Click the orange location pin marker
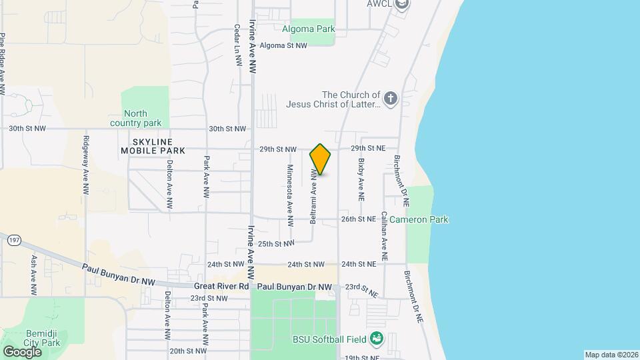pyautogui.click(x=321, y=159)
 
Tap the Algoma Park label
pyautogui.click(x=308, y=29)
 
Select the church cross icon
pyautogui.click(x=391, y=99)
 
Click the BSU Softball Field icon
pyautogui.click(x=377, y=339)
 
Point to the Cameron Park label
pyautogui.click(x=419, y=219)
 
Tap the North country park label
pyautogui.click(x=143, y=118)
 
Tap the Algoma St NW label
pyautogui.click(x=283, y=46)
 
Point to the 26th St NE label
pyautogui.click(x=359, y=219)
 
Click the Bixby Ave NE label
pyautogui.click(x=361, y=180)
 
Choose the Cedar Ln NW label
pyautogui.click(x=237, y=45)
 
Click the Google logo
pyautogui.click(x=22, y=351)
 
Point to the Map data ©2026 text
pyautogui.click(x=611, y=355)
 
